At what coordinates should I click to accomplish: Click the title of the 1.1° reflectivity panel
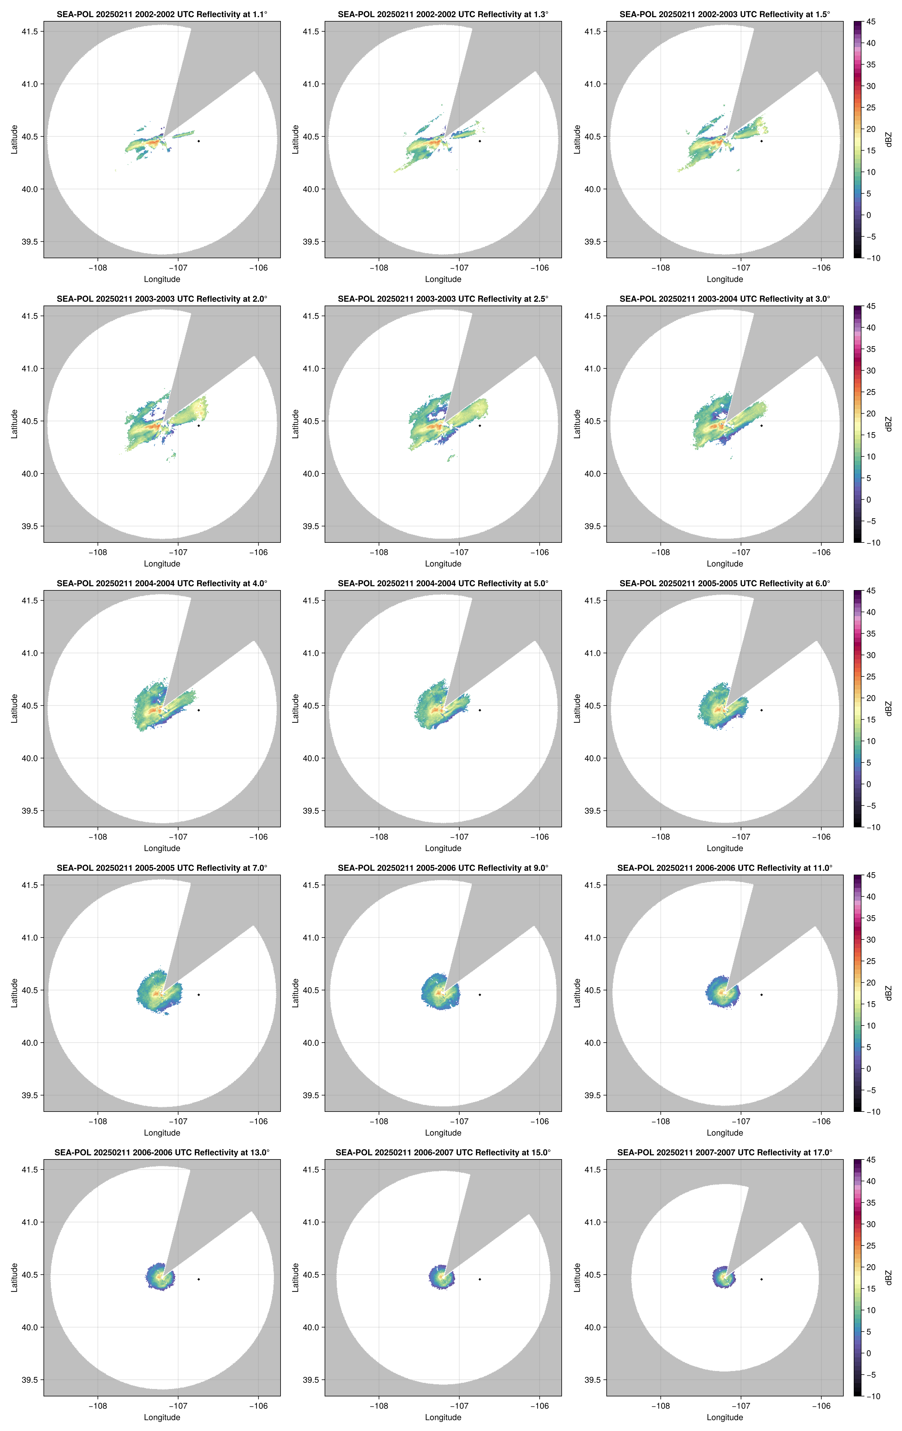pos(162,14)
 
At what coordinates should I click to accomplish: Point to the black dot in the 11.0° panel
pos(761,995)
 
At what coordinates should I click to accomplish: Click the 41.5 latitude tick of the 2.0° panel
pos(30,316)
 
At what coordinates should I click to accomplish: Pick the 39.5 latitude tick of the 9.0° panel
pos(311,1095)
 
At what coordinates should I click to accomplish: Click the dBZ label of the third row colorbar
pos(888,708)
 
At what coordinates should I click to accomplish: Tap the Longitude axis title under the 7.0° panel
pos(162,1133)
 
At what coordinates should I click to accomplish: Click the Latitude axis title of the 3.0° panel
pos(577,424)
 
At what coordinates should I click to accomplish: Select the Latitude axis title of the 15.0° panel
pos(296,1278)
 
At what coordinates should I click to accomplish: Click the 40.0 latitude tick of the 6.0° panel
pos(592,758)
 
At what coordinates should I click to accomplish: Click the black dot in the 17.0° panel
pos(761,1279)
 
